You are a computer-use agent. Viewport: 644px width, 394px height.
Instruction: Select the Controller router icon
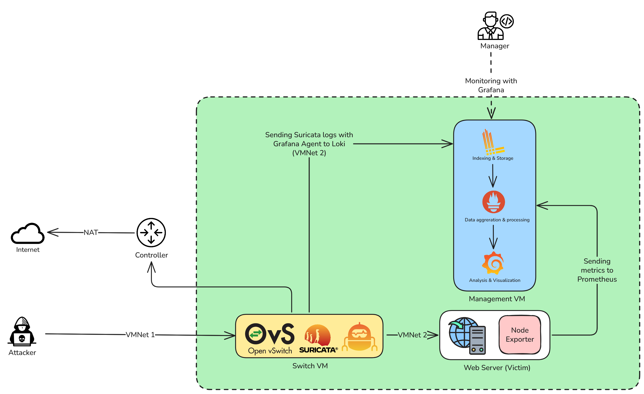[x=151, y=232]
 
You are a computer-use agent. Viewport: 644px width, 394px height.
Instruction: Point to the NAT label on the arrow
[x=91, y=232]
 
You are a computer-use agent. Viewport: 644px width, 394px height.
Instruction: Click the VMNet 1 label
[x=140, y=335]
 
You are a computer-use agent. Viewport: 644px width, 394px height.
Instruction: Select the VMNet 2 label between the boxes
[x=412, y=335]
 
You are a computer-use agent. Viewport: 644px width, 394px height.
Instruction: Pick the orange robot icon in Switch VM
[x=360, y=337]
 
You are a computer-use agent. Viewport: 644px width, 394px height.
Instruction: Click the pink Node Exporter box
[x=520, y=335]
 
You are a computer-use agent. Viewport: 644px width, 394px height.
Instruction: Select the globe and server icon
[x=467, y=336]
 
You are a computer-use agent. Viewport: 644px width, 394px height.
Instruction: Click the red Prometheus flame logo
[x=494, y=202]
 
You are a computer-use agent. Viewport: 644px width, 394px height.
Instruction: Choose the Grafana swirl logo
[x=493, y=263]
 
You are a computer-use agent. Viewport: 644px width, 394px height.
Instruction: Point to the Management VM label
[x=497, y=299]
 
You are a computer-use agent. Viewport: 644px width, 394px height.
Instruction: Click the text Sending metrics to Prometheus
[x=597, y=270]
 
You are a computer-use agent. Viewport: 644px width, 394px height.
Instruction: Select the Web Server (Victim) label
[x=497, y=368]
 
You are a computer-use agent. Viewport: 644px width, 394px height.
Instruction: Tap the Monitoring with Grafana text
[x=491, y=85]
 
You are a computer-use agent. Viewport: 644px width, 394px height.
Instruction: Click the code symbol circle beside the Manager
[x=507, y=21]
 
